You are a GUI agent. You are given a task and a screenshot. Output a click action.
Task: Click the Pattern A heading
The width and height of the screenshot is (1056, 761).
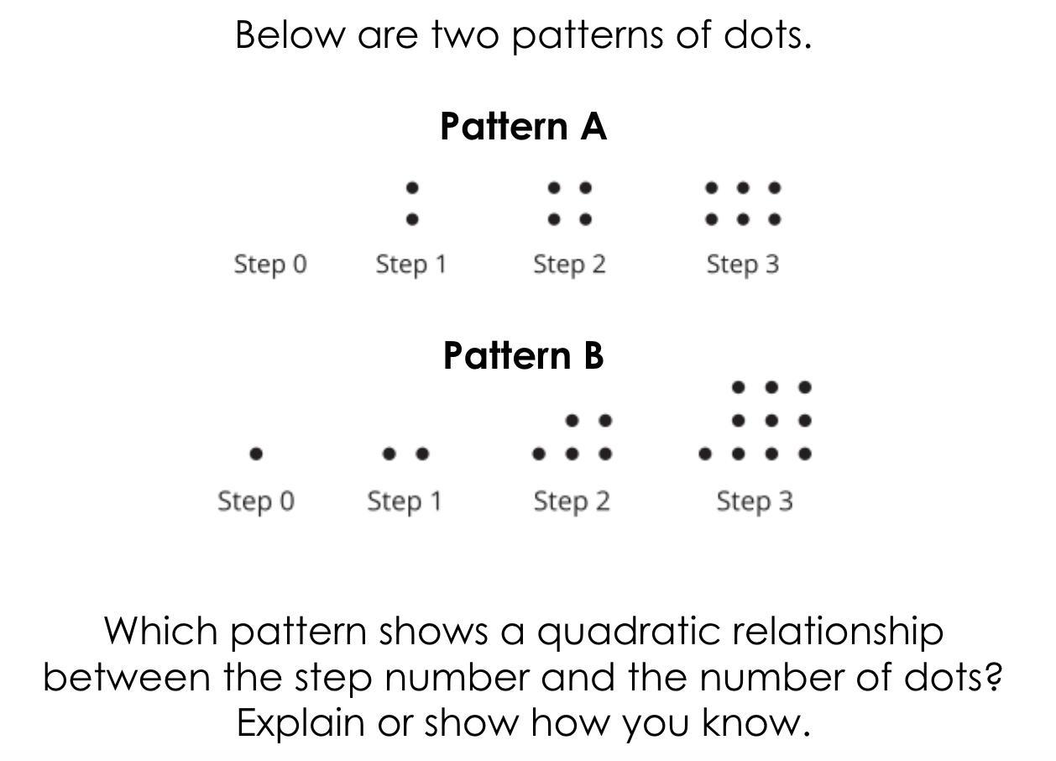[x=523, y=127]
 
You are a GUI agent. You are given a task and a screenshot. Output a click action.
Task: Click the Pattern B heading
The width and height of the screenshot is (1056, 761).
[x=523, y=355]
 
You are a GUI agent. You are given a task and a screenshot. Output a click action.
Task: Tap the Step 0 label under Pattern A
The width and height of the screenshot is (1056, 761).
[x=270, y=264]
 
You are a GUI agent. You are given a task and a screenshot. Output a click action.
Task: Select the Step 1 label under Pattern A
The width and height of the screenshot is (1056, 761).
[x=411, y=264]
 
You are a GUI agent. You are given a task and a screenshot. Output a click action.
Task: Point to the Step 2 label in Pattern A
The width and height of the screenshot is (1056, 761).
[x=569, y=264]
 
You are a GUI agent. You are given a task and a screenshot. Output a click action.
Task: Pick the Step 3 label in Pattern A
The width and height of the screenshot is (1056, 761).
[x=743, y=264]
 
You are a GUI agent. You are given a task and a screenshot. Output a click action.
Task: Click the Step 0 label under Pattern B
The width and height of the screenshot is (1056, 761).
[x=256, y=501]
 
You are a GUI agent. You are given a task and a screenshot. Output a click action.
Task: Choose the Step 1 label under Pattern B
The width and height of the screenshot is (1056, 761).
[x=404, y=501]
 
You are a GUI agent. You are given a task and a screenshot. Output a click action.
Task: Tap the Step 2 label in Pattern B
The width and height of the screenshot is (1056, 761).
[x=572, y=501]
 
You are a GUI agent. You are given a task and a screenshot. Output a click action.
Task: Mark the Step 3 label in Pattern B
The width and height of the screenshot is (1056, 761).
[x=755, y=501]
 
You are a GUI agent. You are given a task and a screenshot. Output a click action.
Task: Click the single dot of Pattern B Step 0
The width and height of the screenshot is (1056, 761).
[x=256, y=454]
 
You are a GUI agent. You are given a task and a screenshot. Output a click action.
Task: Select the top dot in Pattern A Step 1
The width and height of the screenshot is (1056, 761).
[x=412, y=187]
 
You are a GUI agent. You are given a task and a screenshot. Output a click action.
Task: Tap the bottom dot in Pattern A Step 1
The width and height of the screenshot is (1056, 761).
[x=412, y=219]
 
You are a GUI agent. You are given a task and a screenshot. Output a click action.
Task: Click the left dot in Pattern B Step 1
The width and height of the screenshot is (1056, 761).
[x=389, y=454]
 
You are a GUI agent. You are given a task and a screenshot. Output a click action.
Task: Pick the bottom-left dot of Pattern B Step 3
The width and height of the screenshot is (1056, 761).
[x=705, y=454]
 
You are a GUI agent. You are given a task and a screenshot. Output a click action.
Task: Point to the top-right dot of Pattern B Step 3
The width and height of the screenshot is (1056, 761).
[x=805, y=387]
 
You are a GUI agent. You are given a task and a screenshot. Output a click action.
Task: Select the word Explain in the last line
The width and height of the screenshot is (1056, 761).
[x=301, y=722]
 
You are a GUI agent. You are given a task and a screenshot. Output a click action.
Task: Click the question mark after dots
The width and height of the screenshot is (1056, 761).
[x=994, y=677]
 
